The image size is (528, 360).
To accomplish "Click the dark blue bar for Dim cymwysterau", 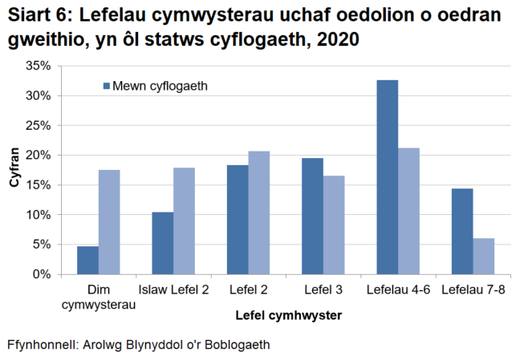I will coord(87,260).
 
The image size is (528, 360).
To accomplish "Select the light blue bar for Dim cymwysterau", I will coord(109,222).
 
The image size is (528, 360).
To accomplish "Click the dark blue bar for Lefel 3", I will coord(312,216).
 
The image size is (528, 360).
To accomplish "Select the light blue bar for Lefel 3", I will coord(334,224).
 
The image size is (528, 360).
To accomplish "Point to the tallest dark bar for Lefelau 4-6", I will coord(387,177).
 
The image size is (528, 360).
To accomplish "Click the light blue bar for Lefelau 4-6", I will coord(408,211).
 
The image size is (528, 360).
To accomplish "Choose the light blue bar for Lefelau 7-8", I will coord(483,256).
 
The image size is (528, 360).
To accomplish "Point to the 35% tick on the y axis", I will coord(41,66).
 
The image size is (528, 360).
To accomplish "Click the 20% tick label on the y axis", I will coord(41,156).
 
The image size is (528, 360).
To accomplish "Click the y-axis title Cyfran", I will coord(14,170).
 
